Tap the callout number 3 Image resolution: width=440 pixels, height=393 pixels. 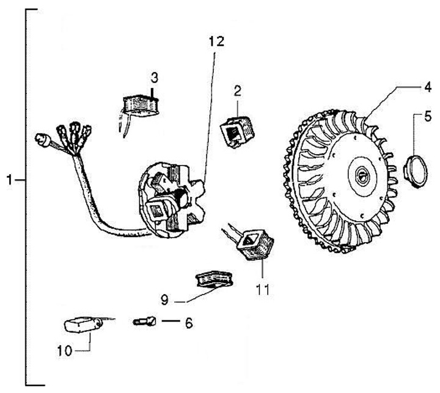[155, 78]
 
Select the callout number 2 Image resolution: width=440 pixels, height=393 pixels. [237, 92]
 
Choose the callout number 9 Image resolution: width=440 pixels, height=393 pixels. [164, 301]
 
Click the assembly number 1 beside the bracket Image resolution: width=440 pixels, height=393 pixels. [9, 180]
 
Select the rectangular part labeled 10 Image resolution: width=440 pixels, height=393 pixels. [79, 323]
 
